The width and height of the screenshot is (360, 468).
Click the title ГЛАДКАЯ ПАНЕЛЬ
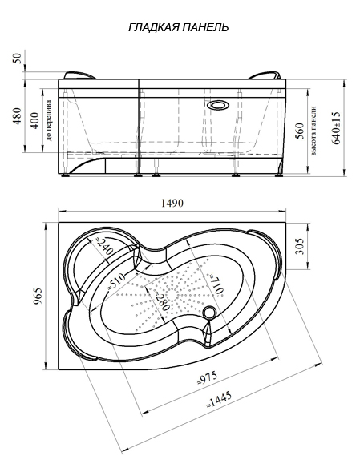coord(179,27)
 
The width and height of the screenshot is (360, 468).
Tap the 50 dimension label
coord(18,58)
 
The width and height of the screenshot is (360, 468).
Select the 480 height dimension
coord(18,116)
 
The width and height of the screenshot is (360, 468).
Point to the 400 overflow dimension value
coord(35,120)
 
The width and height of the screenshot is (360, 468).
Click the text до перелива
coord(49,120)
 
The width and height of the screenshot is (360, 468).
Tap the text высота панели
coord(313,131)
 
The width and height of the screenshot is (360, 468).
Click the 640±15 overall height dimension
coord(336,128)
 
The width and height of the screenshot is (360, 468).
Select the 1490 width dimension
coord(172,203)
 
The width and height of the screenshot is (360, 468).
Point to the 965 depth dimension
coord(38,296)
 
